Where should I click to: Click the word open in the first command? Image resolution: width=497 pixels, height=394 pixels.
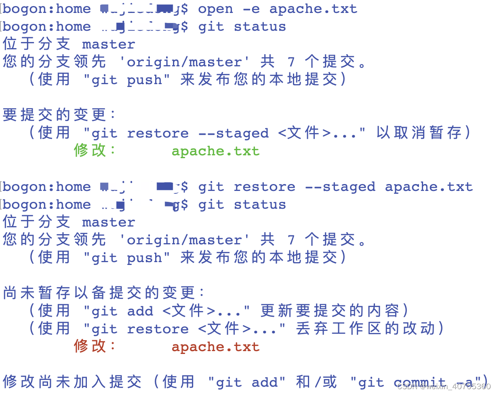click(x=215, y=9)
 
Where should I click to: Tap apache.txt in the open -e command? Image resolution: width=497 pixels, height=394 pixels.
click(x=313, y=9)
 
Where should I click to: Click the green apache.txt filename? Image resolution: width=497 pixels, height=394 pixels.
click(x=215, y=151)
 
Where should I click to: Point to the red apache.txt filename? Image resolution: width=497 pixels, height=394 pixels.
click(x=215, y=347)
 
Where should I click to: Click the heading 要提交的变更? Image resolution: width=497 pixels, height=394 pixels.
click(x=55, y=115)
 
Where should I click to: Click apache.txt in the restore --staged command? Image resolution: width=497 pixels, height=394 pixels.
click(x=428, y=187)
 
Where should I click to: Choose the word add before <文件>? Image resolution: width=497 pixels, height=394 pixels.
click(x=140, y=311)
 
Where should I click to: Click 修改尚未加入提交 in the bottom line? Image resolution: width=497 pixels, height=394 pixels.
click(x=73, y=382)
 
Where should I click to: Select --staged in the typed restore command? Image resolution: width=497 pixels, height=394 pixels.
click(x=340, y=187)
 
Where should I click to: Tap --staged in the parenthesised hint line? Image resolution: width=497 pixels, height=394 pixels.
click(x=234, y=133)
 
